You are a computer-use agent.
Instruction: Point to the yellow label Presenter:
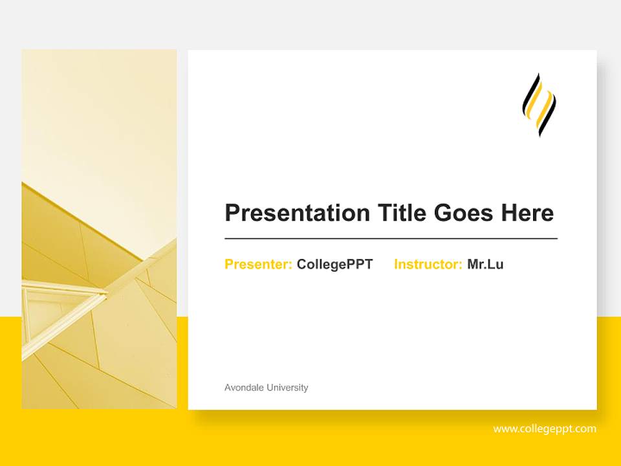tap(258, 264)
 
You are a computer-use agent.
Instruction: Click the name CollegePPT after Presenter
tap(334, 264)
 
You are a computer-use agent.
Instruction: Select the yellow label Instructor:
tap(428, 264)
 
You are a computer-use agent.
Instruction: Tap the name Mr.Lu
tap(485, 264)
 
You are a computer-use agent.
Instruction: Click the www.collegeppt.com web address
tap(545, 428)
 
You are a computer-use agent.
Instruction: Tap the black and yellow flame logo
tap(539, 105)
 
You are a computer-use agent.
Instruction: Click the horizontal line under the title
tap(391, 239)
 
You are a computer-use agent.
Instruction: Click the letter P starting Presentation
tap(232, 213)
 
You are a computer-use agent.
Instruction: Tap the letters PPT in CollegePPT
tap(360, 264)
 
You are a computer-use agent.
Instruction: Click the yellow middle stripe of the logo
tap(539, 105)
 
